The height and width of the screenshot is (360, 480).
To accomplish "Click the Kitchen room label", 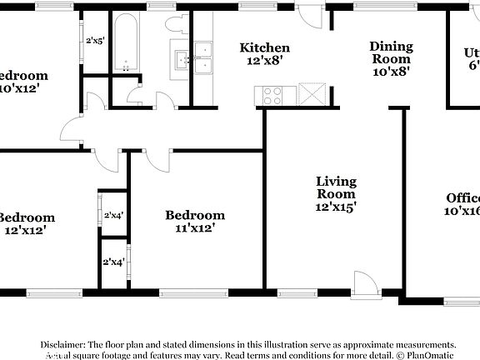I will click(x=265, y=48).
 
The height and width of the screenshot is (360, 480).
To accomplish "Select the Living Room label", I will click(x=337, y=187).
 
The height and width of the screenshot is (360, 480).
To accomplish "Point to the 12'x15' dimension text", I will click(x=337, y=207).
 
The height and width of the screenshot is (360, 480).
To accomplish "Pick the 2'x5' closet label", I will click(x=94, y=41).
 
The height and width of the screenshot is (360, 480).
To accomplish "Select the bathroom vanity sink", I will click(x=181, y=59).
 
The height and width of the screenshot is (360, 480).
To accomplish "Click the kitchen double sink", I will click(x=204, y=59).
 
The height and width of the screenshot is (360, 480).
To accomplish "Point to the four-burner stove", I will click(x=273, y=95).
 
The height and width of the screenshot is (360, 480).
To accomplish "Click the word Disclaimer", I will click(x=62, y=344).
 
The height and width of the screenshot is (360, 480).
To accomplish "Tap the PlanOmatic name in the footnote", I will click(x=427, y=354).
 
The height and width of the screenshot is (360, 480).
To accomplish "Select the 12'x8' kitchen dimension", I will click(x=265, y=61).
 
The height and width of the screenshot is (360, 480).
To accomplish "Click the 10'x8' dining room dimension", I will click(x=391, y=71).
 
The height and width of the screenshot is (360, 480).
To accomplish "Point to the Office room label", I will click(x=462, y=198).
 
